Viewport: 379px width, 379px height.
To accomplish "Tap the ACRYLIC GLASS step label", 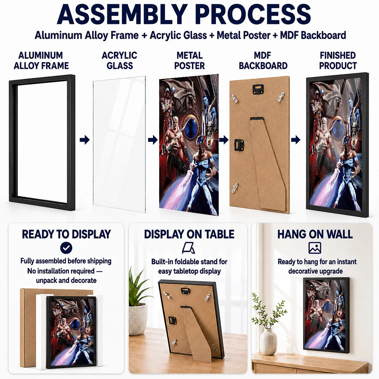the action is (119, 60).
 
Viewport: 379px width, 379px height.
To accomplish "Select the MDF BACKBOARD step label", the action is (263, 60).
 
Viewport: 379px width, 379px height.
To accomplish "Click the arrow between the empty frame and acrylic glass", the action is (85, 140).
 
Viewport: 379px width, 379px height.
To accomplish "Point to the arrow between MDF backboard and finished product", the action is (296, 140).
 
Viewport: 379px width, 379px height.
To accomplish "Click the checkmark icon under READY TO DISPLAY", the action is (66, 248).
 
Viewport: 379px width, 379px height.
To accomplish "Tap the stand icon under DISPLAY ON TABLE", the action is (188, 248).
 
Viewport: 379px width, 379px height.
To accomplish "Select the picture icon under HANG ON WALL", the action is (315, 248).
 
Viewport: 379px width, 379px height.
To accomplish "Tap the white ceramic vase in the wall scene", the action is (269, 341).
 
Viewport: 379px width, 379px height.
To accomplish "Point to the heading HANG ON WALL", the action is (315, 234).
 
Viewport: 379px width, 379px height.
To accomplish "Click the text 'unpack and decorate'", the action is (66, 280).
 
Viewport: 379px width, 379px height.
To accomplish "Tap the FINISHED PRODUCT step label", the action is (338, 60).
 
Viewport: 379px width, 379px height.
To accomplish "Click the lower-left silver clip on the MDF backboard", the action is (235, 188).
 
